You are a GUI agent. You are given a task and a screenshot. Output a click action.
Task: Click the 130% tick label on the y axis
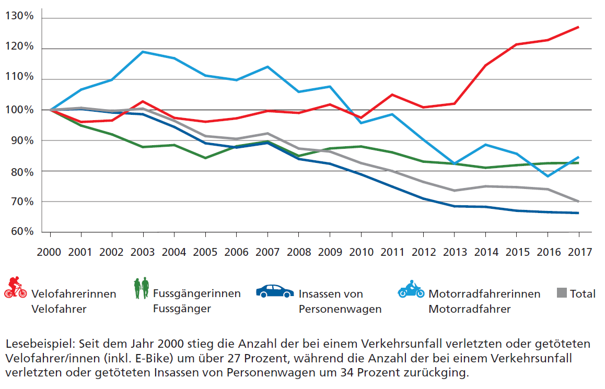pyautogui.click(x=19, y=17)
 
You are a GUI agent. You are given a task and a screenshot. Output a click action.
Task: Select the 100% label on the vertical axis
pyautogui.click(x=19, y=110)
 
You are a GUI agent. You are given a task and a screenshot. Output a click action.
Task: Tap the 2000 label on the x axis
pyautogui.click(x=50, y=251)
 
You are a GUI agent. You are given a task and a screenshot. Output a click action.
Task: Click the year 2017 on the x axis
pyautogui.click(x=578, y=251)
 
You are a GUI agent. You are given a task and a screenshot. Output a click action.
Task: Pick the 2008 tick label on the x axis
pyautogui.click(x=298, y=251)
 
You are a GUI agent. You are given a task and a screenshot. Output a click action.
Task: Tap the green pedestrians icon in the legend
pyautogui.click(x=141, y=288)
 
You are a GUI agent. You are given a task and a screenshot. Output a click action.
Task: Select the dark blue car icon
pyautogui.click(x=275, y=291)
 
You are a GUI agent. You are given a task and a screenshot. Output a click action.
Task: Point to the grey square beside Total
pyautogui.click(x=562, y=293)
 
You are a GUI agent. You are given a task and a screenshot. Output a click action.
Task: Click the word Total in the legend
pyautogui.click(x=583, y=293)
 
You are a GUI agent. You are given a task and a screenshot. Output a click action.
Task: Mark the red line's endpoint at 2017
pyautogui.click(x=578, y=27)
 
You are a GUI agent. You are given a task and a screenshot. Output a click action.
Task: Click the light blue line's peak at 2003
pyautogui.click(x=143, y=52)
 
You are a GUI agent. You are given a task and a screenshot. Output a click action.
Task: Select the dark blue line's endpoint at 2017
pyautogui.click(x=578, y=213)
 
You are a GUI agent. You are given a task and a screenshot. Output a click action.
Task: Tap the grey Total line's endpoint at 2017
pyautogui.click(x=578, y=201)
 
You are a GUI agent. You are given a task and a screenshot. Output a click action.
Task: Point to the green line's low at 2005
pyautogui.click(x=205, y=158)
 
